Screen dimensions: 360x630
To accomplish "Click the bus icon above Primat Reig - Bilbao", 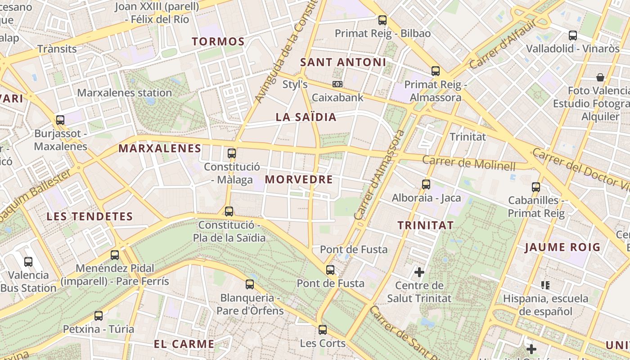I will click(382, 20).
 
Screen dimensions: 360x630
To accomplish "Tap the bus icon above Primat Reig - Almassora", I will click(435, 71).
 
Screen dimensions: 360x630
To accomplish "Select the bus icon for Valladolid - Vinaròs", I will click(572, 36).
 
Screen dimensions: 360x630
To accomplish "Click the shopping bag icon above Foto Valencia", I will click(600, 77).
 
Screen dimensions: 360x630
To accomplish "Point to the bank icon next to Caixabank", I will click(337, 84).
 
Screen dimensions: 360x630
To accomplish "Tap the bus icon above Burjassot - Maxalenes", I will click(60, 120).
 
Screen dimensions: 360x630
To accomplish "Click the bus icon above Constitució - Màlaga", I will click(232, 153).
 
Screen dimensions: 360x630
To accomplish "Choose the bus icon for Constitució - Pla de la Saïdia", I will click(229, 211).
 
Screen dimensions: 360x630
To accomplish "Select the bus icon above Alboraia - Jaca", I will click(426, 184).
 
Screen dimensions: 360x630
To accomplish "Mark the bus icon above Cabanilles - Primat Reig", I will click(535, 187).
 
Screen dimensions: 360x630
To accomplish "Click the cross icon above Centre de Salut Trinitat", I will click(419, 272).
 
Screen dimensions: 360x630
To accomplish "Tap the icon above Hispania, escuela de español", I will click(545, 285).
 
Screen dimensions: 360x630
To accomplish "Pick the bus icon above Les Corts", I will click(323, 330).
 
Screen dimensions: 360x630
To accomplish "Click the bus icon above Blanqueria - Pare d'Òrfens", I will click(250, 284).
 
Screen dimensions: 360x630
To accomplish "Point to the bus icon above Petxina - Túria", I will click(99, 316).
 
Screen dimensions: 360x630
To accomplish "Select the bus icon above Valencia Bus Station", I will click(28, 262).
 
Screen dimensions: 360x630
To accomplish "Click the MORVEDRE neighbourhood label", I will click(299, 180).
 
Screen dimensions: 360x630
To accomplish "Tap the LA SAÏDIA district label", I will click(306, 117).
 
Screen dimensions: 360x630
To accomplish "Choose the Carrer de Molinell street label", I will click(468, 163).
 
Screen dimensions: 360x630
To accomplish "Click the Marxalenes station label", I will click(125, 93).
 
